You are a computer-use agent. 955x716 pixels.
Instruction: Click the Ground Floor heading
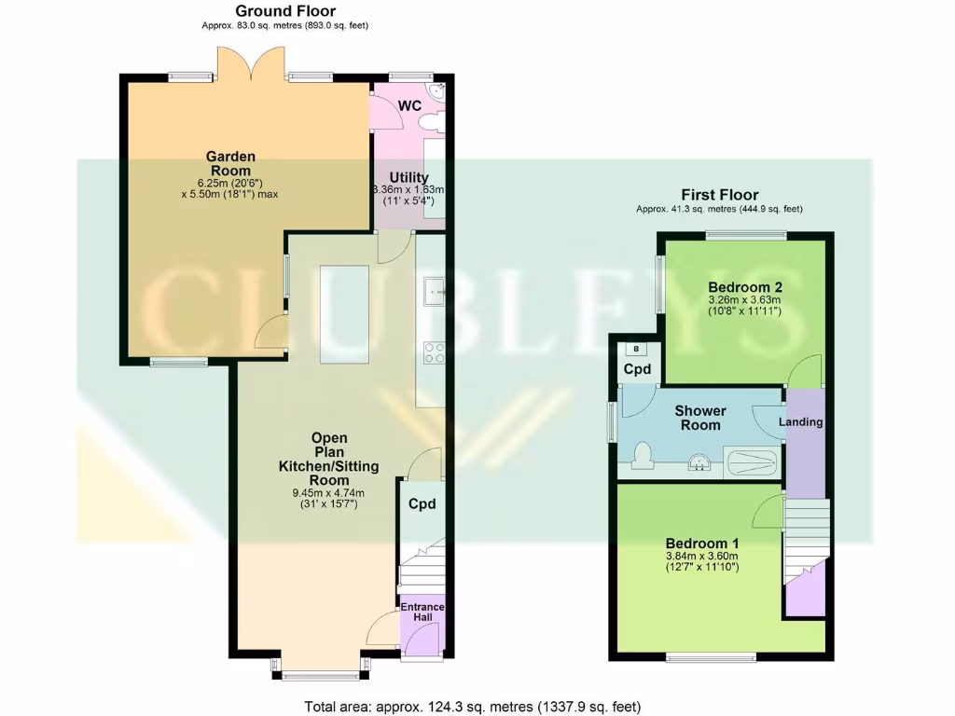click(284, 11)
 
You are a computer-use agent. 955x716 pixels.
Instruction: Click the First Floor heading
click(719, 195)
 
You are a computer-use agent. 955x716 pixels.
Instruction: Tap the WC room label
click(410, 105)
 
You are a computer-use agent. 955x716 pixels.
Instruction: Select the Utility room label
click(408, 178)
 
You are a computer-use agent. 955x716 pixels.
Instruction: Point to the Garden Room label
click(230, 164)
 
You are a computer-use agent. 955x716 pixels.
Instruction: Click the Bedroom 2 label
click(744, 286)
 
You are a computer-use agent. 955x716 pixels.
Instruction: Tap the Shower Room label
click(700, 418)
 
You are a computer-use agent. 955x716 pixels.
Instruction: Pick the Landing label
click(801, 421)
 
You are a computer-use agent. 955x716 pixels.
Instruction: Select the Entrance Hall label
click(422, 613)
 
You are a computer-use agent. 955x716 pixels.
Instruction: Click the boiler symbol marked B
click(637, 350)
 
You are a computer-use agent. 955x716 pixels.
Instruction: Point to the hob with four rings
click(434, 352)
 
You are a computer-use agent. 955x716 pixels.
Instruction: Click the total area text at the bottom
click(473, 706)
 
